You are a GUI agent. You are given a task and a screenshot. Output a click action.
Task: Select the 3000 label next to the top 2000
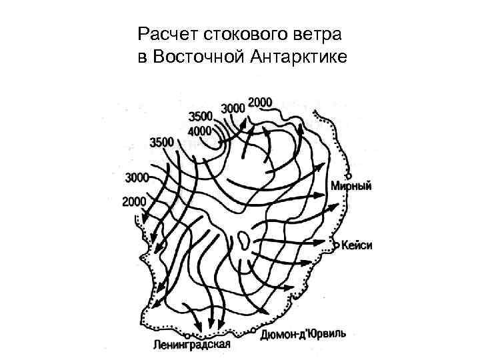tap(233, 107)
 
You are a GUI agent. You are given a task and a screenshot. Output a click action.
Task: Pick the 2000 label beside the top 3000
tap(260, 102)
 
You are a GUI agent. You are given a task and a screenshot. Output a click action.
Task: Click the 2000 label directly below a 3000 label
tap(134, 201)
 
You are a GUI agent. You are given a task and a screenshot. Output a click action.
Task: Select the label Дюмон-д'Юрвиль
tap(303, 333)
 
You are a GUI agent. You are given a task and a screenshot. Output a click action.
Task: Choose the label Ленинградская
tap(191, 345)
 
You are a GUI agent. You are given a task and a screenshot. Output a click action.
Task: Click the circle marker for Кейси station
tap(337, 243)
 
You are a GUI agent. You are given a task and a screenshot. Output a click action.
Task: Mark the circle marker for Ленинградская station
tap(191, 335)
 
